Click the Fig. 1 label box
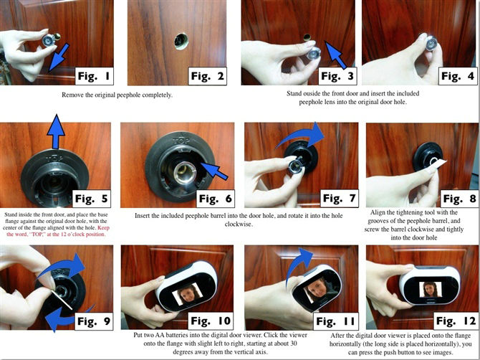(95, 76)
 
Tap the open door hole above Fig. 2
(181, 42)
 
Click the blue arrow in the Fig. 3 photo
(335, 55)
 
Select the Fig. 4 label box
(458, 76)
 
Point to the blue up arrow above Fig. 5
(56, 132)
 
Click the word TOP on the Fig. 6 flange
(181, 141)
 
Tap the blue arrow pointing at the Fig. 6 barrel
(214, 171)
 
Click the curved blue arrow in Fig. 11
(297, 266)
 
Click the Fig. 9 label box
(94, 321)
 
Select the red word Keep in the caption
(103, 228)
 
